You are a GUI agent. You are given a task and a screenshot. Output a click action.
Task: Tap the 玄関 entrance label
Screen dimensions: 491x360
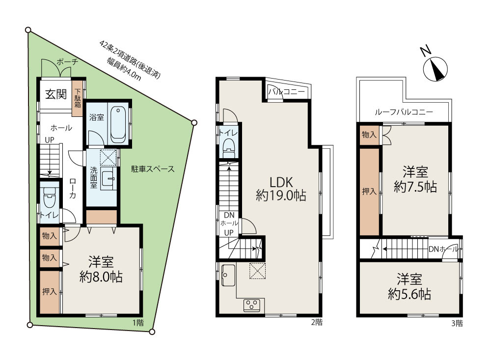[56, 94]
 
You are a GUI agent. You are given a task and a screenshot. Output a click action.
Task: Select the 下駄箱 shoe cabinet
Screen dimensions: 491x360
[78, 99]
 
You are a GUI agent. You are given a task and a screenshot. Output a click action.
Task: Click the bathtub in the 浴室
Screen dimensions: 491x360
[118, 123]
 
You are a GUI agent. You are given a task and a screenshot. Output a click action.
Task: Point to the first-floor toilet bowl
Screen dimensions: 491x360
[50, 197]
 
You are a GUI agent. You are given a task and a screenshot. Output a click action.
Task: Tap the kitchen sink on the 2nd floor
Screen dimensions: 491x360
[228, 275]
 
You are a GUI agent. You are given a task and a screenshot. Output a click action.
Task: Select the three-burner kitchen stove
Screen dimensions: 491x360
[252, 305]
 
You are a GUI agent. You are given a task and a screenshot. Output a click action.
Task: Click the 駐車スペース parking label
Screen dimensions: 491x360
[153, 169]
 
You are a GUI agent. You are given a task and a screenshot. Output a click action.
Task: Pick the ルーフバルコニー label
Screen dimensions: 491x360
[404, 112]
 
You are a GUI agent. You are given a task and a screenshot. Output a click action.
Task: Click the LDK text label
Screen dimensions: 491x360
[281, 182]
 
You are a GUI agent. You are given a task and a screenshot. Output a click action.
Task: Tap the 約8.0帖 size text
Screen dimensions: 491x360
[101, 277]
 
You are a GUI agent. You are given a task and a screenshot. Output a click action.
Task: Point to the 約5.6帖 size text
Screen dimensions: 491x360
[409, 294]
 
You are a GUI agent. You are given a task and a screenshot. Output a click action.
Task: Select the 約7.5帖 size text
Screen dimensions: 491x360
[415, 187]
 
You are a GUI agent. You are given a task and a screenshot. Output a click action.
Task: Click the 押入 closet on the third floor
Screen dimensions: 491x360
[370, 192]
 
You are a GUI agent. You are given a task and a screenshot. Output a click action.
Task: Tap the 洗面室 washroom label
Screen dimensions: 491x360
[94, 178]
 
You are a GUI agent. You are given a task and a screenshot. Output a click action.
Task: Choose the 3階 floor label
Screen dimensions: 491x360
[457, 323]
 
